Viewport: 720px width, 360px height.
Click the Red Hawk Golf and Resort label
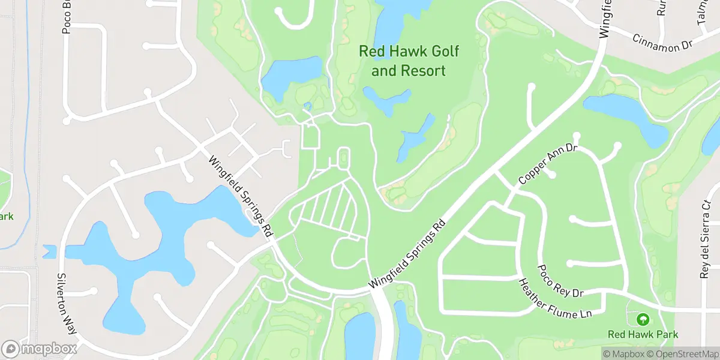click(x=409, y=61)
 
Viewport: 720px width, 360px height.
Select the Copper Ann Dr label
click(x=547, y=163)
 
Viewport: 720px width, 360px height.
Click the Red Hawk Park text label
click(x=643, y=334)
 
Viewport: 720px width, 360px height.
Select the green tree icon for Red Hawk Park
click(x=643, y=319)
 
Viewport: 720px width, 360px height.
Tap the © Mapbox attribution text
click(x=623, y=354)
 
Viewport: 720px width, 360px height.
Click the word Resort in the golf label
click(x=426, y=71)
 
